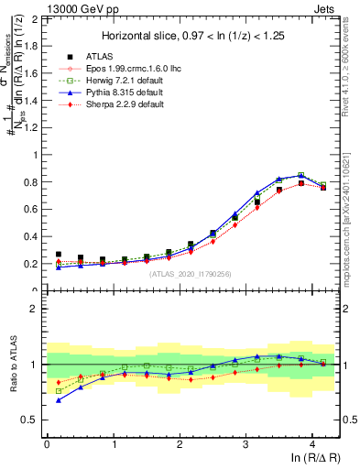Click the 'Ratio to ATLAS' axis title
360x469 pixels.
[x=12, y=364]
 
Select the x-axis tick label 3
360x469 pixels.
[x=245, y=443]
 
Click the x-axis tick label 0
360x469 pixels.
[x=47, y=443]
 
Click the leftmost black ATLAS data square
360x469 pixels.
[x=59, y=255]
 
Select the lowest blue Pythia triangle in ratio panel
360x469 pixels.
[x=59, y=400]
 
